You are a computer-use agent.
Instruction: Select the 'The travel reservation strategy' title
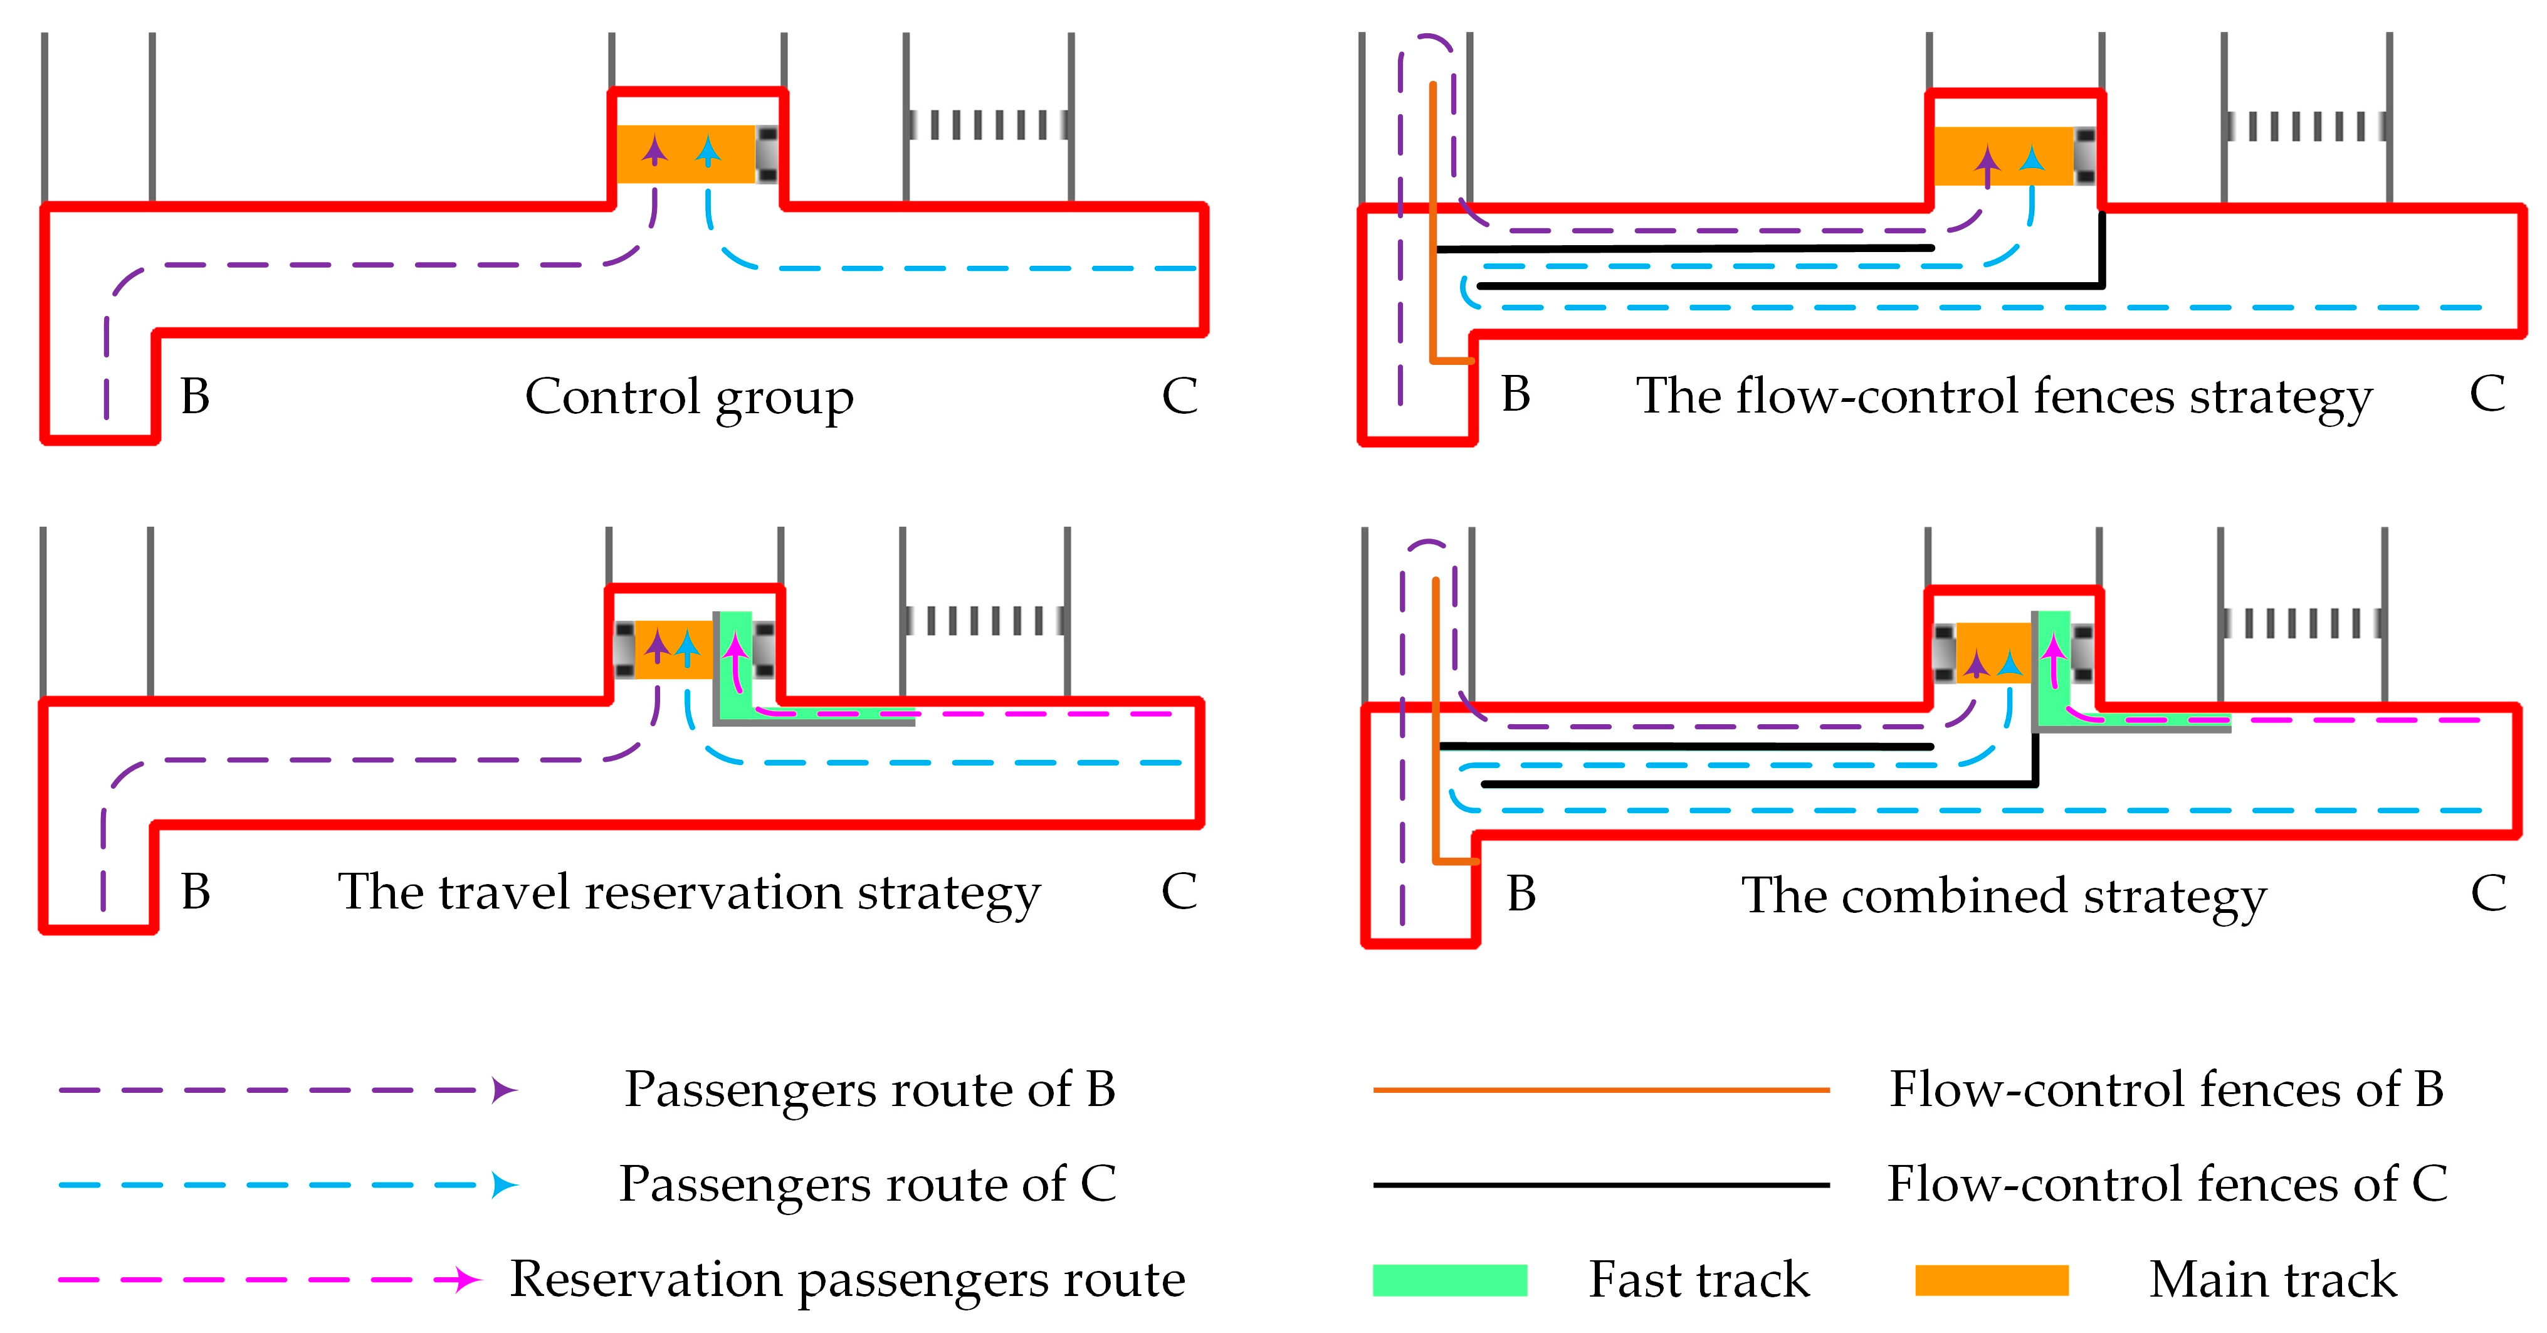pyautogui.click(x=689, y=893)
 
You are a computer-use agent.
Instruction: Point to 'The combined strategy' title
pyautogui.click(x=2003, y=896)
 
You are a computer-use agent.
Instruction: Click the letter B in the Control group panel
pyautogui.click(x=195, y=396)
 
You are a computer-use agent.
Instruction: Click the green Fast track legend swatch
pyautogui.click(x=1449, y=1280)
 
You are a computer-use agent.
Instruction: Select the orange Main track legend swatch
pyautogui.click(x=1992, y=1280)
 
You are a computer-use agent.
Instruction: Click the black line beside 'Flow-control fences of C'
pyautogui.click(x=1601, y=1184)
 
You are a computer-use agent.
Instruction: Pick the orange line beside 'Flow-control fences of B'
pyautogui.click(x=1601, y=1090)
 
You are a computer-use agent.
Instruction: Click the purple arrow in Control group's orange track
pyautogui.click(x=654, y=150)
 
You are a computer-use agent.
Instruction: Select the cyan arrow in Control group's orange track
pyautogui.click(x=708, y=150)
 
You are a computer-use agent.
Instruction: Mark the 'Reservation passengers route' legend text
pyautogui.click(x=848, y=1280)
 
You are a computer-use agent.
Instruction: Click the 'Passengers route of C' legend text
pyautogui.click(x=867, y=1184)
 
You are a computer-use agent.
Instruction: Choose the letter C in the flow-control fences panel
pyautogui.click(x=2487, y=394)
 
